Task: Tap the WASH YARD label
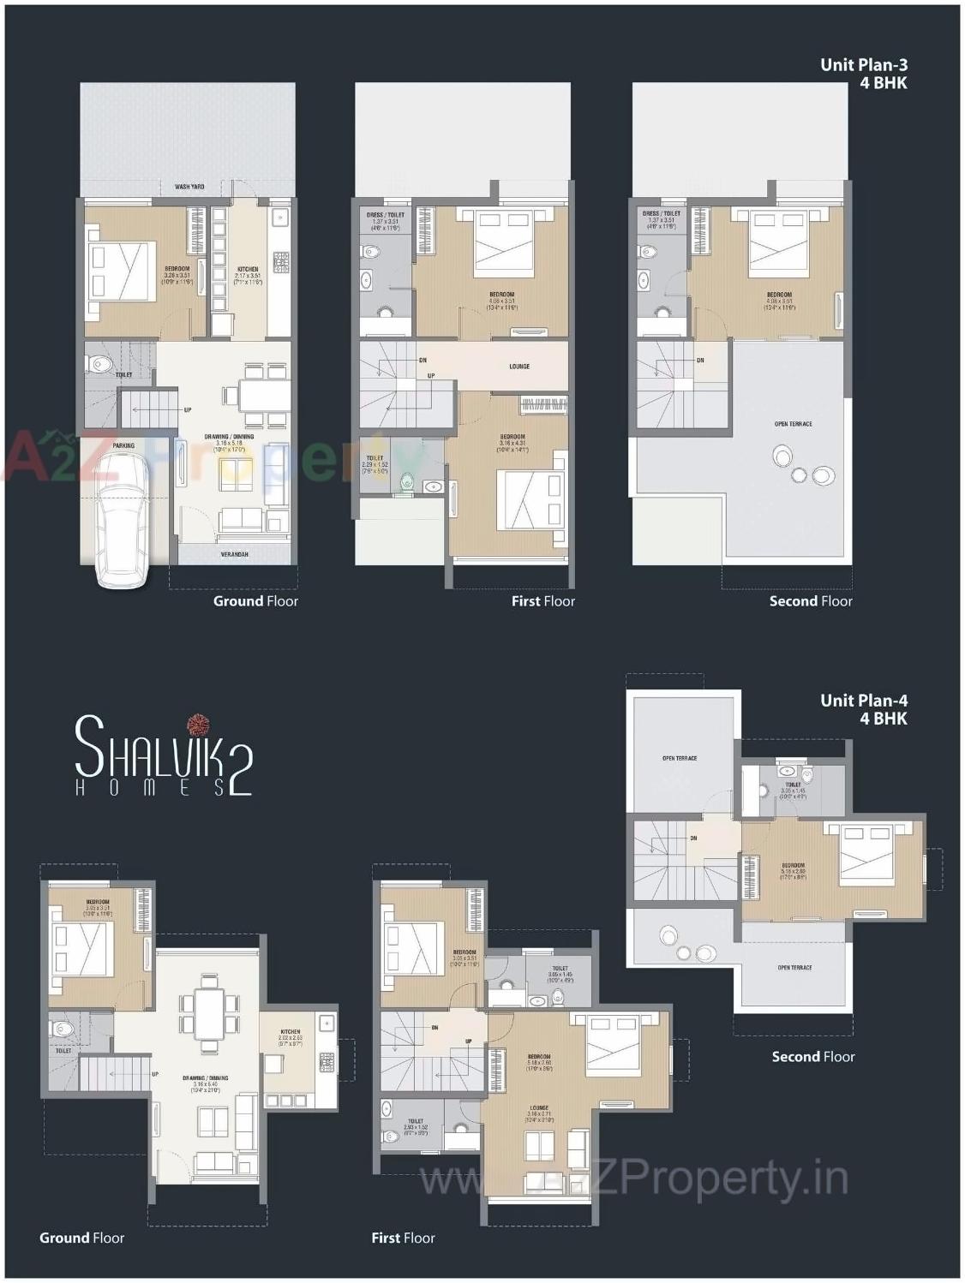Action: click(x=189, y=187)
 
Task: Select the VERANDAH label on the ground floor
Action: click(x=235, y=554)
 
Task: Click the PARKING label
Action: click(x=123, y=445)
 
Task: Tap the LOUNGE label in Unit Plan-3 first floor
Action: click(x=519, y=366)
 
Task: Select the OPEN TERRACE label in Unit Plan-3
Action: click(x=793, y=424)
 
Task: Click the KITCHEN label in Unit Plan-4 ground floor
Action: click(x=290, y=1032)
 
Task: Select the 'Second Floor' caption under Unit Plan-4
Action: click(x=812, y=1057)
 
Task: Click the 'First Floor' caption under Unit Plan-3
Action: click(x=542, y=601)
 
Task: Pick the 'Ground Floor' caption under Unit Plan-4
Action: click(x=81, y=1238)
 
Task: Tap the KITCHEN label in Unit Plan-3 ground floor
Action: click(x=247, y=270)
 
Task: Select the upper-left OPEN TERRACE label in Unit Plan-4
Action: click(x=680, y=758)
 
